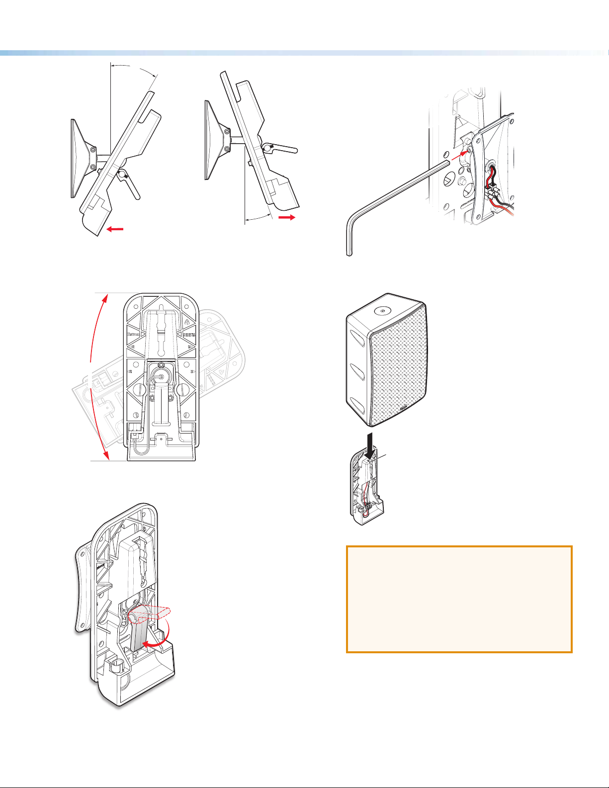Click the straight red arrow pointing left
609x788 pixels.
[115, 229]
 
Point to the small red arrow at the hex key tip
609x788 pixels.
[463, 154]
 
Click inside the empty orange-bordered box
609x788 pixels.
[459, 599]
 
